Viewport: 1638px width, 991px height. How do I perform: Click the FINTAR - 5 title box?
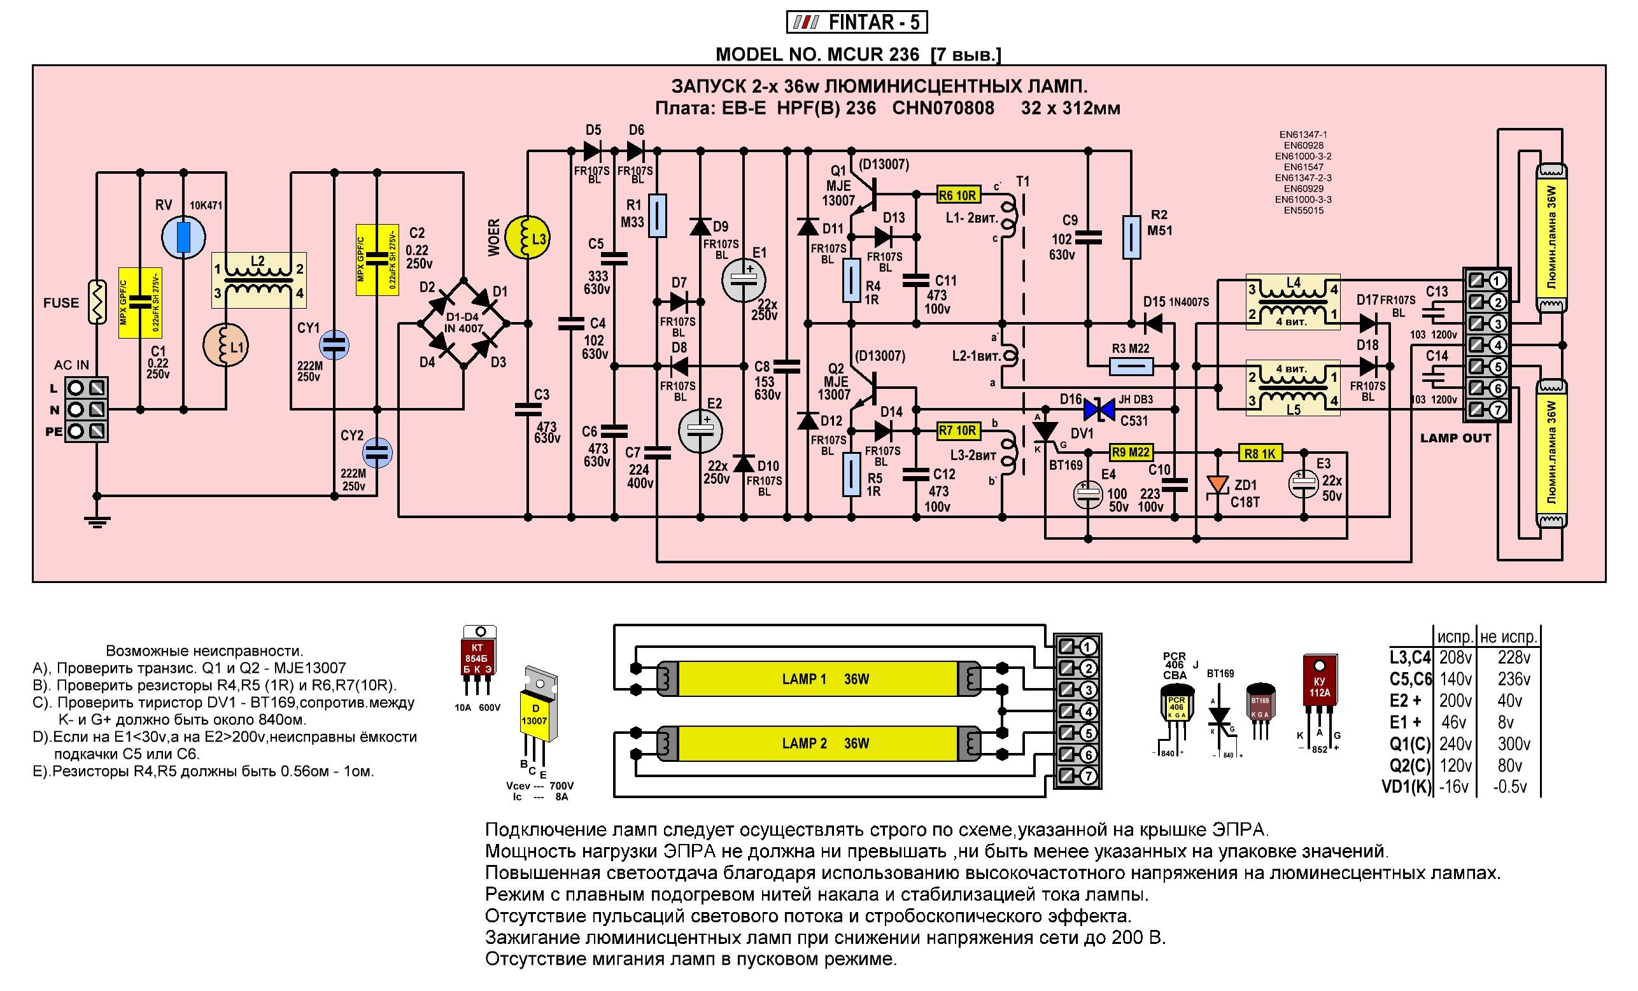click(856, 23)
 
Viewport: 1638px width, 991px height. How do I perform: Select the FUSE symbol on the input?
click(97, 302)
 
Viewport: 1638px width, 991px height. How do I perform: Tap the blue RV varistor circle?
click(184, 236)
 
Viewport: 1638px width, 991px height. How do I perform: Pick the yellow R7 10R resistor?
click(958, 431)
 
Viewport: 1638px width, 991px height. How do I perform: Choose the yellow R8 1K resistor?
click(1260, 453)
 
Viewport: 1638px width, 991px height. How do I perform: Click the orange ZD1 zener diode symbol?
click(1218, 484)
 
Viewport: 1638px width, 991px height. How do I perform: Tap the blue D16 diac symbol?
click(1098, 409)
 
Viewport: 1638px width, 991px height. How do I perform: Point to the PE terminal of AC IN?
click(87, 431)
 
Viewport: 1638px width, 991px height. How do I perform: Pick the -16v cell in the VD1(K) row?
click(1453, 787)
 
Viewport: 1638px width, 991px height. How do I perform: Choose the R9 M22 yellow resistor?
click(1131, 453)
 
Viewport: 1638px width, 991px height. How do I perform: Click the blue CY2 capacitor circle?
click(377, 453)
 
